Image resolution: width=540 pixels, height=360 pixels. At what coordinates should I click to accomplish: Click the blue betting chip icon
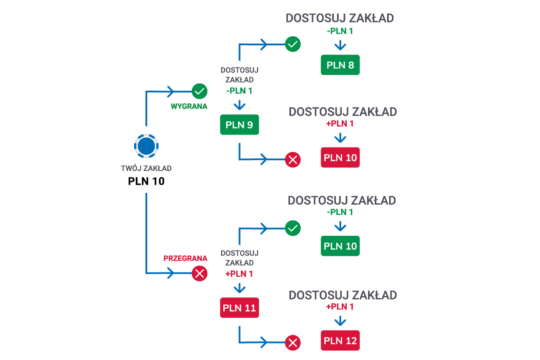[x=146, y=145]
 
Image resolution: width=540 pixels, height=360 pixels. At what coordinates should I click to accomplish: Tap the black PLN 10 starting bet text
[x=146, y=181]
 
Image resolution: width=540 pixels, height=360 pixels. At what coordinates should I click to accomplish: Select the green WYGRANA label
[x=189, y=106]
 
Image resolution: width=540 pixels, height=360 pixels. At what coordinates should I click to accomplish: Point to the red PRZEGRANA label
[x=185, y=259]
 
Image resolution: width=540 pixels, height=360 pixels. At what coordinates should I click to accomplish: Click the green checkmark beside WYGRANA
[x=200, y=91]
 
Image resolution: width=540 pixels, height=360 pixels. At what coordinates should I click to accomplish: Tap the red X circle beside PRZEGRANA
[x=200, y=273]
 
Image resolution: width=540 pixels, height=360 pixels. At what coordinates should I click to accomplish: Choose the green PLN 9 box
[x=239, y=125]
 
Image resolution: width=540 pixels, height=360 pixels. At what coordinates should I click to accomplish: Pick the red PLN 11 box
[x=239, y=308]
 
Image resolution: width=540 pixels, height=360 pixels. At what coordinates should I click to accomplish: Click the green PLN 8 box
[x=340, y=65]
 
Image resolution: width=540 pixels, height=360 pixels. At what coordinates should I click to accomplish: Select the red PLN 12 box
[x=340, y=341]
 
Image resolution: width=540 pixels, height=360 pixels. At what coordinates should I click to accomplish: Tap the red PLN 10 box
[x=340, y=158]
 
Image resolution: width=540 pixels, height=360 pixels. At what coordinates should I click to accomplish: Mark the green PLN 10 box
[x=340, y=246]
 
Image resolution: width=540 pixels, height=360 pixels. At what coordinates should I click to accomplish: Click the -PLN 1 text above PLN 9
[x=239, y=91]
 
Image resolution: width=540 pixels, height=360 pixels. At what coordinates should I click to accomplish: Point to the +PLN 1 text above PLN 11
[x=239, y=274]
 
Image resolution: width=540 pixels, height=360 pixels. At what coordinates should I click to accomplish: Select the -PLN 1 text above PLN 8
[x=340, y=32]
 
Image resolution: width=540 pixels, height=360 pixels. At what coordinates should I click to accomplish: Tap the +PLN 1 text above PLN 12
[x=340, y=307]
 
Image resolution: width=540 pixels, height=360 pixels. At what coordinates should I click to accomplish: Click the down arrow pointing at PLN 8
[x=340, y=45]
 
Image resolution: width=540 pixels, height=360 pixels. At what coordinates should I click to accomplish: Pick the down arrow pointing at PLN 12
[x=340, y=321]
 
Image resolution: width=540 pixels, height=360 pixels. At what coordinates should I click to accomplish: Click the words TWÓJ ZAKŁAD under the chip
[x=146, y=168]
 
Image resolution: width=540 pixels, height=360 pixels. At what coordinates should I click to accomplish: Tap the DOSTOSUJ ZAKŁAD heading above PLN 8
[x=340, y=18]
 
